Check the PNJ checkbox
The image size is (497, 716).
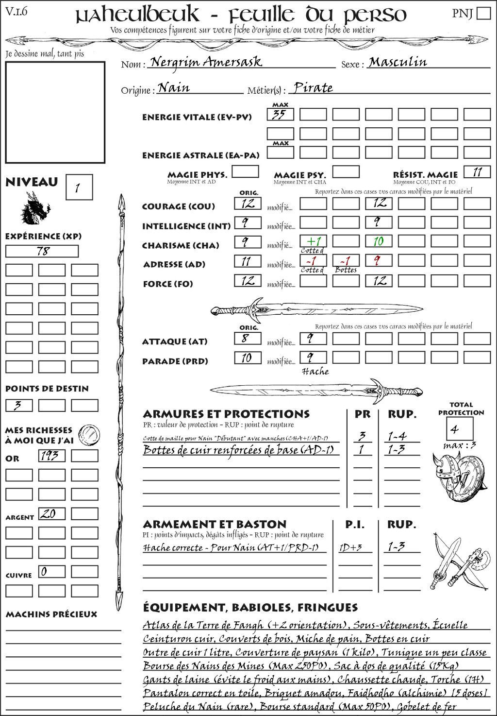click(484, 13)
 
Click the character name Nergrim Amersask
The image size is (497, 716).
click(206, 62)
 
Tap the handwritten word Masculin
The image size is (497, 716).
click(398, 62)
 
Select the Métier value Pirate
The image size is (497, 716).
click(314, 88)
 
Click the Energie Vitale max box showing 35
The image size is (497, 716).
click(280, 115)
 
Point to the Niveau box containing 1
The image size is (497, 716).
click(79, 187)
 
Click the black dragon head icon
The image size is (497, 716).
click(35, 208)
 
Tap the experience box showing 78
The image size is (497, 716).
click(42, 251)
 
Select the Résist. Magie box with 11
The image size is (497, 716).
click(477, 172)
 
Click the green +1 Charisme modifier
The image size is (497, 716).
click(313, 241)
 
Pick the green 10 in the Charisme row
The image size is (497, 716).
click(379, 241)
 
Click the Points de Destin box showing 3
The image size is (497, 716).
click(19, 405)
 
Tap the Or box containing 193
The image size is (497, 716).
click(51, 456)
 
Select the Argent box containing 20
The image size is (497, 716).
click(51, 513)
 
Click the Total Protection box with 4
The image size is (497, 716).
click(460, 429)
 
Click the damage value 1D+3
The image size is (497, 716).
click(350, 547)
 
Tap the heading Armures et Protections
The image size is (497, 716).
click(226, 414)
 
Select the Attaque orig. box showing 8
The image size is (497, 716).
click(248, 339)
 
